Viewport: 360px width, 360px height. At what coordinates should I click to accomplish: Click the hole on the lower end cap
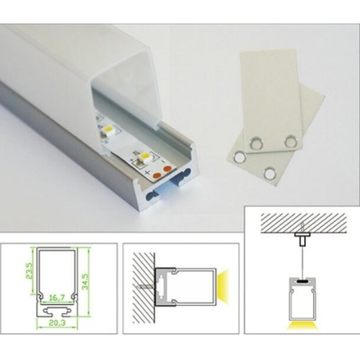click(x=270, y=172)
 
